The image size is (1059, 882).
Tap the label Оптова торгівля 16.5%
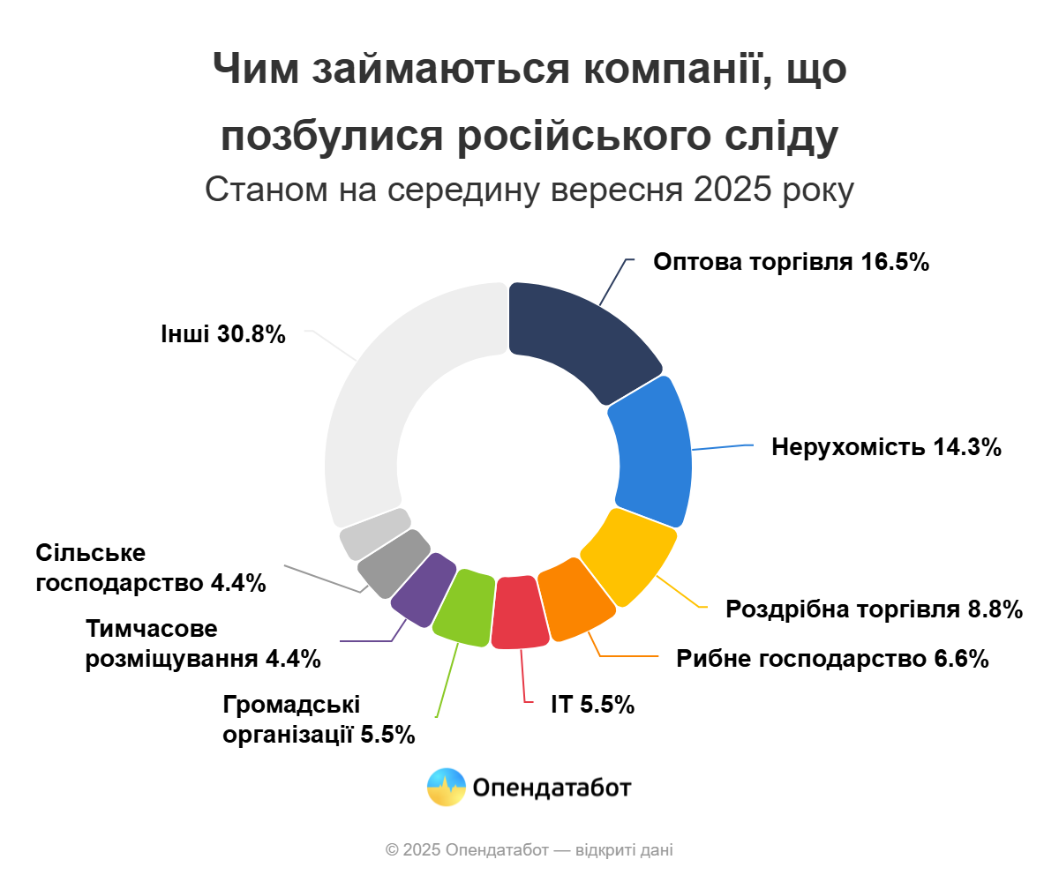tap(791, 262)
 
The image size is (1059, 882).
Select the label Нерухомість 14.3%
tap(886, 447)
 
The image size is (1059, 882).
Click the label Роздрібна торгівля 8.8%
tap(874, 609)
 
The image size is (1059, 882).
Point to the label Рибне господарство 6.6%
tap(832, 659)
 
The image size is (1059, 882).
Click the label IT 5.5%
tap(592, 705)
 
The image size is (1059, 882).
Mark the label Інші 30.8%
tap(223, 334)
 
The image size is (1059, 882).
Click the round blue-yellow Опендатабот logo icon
tap(447, 787)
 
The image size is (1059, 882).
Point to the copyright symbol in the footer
tap(392, 850)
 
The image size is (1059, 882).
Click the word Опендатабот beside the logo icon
tap(552, 788)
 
